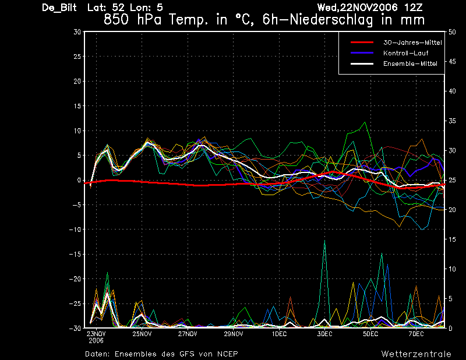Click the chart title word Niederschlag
[331, 20]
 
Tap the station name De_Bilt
[59, 8]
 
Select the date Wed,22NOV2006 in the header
[358, 8]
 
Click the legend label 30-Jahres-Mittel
[412, 43]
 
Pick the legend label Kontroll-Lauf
[405, 53]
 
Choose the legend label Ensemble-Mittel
[410, 63]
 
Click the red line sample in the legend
[362, 43]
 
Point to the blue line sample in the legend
[362, 53]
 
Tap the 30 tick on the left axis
[77, 32]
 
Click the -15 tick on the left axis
[75, 254]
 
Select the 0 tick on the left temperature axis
[79, 180]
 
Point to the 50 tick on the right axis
[452, 32]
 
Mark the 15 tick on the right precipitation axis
[452, 239]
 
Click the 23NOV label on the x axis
[96, 334]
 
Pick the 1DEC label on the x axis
[280, 334]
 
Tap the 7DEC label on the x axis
[416, 334]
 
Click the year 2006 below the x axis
[96, 341]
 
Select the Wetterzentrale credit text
[416, 354]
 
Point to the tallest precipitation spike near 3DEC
[324, 241]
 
